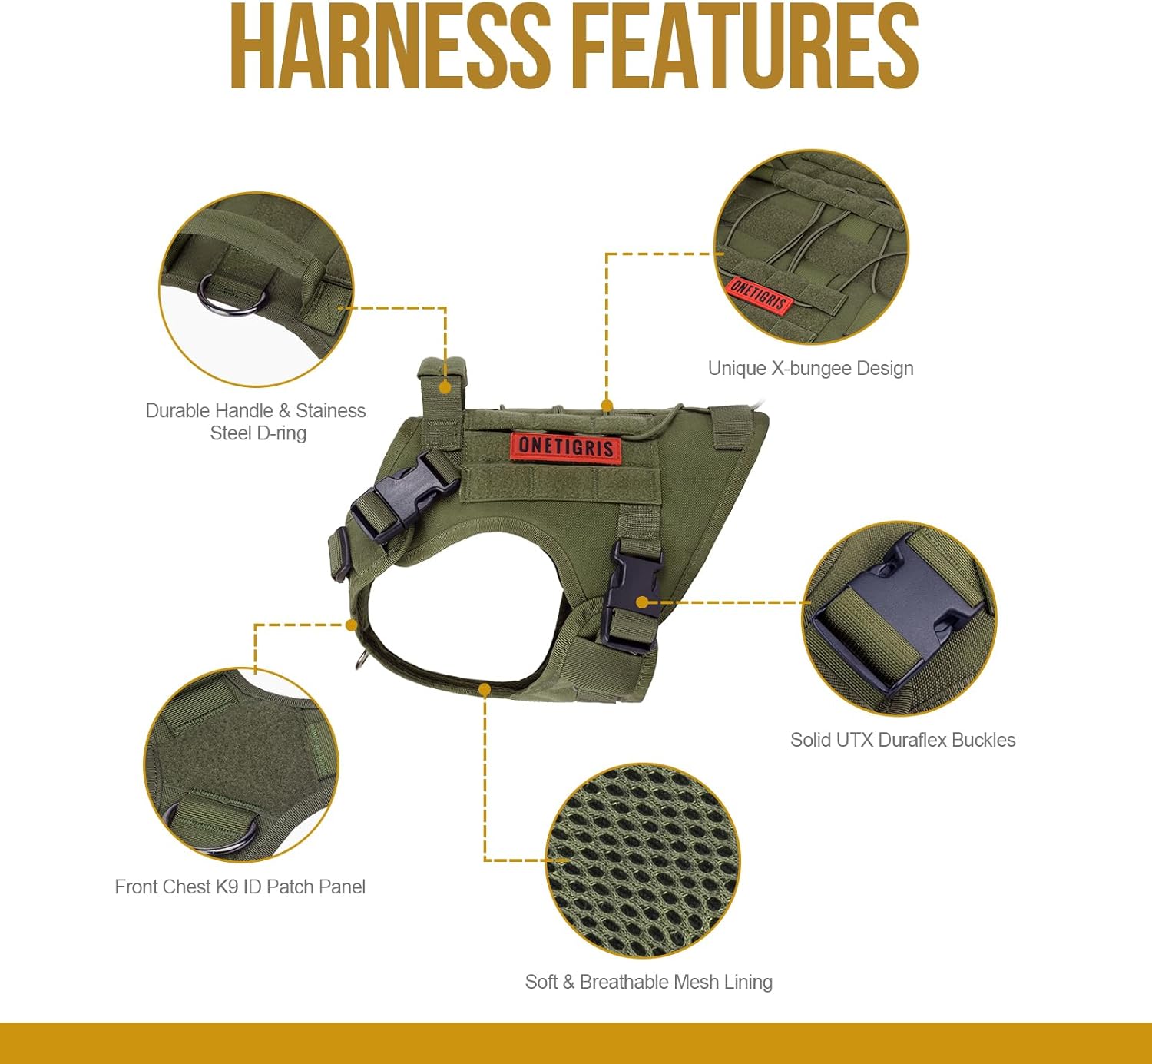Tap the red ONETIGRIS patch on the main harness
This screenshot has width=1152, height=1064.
click(x=566, y=446)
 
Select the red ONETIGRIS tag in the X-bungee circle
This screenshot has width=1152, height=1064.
click(x=758, y=294)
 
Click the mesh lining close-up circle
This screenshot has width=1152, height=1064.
click(x=643, y=860)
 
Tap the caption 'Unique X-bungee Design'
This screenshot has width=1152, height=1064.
click(x=810, y=368)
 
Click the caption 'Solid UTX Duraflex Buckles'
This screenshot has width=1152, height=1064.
click(x=902, y=740)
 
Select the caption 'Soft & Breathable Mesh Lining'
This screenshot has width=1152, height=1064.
click(x=648, y=982)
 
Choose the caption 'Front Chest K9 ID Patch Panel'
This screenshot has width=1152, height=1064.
click(x=240, y=887)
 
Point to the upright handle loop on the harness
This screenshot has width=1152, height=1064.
click(x=442, y=384)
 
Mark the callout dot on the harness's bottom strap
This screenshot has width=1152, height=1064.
click(x=485, y=690)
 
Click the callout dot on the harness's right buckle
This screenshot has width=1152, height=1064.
click(x=642, y=602)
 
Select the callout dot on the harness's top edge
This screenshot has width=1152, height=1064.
click(x=607, y=405)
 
